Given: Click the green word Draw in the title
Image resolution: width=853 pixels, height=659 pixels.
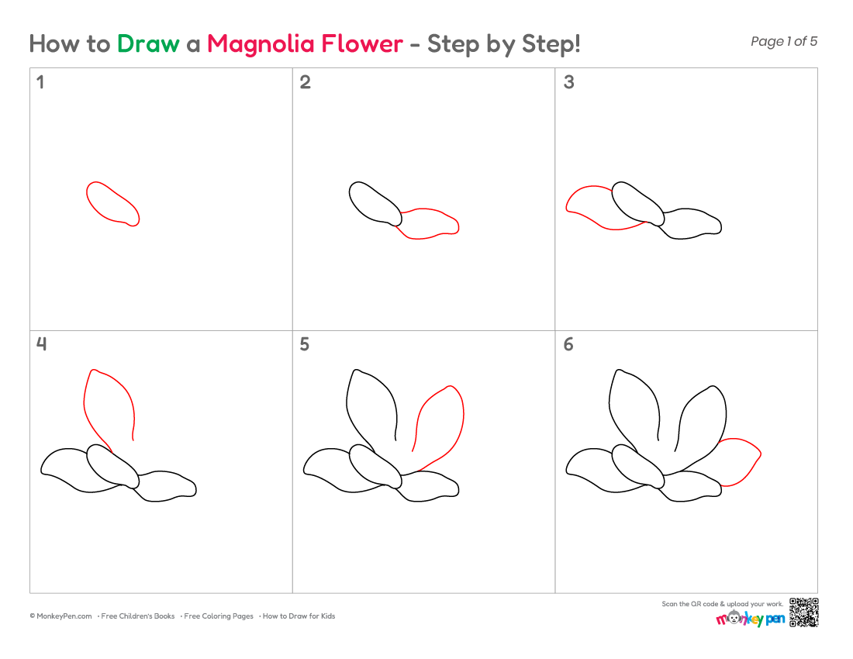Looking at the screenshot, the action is [x=148, y=43].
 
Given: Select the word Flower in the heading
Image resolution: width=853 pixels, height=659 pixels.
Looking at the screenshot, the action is [x=362, y=43].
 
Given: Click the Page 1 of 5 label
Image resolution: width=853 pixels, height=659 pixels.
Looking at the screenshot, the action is [x=784, y=41].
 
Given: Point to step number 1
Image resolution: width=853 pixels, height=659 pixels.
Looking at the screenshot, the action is [x=40, y=82].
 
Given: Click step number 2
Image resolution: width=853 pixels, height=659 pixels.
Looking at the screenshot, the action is [x=306, y=82].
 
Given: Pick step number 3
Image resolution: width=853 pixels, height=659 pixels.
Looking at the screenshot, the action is [x=569, y=82].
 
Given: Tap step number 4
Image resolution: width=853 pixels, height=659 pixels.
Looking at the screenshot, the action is [x=41, y=343].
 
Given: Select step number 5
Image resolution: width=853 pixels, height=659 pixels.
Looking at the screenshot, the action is [x=305, y=344].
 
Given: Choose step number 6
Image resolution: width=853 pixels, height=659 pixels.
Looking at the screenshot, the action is [x=568, y=344].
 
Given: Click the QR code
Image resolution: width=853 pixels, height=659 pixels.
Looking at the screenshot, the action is [x=803, y=612].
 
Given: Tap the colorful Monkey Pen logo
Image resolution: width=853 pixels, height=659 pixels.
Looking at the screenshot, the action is [x=750, y=618].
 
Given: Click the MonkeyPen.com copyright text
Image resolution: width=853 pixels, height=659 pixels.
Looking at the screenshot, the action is [x=60, y=616].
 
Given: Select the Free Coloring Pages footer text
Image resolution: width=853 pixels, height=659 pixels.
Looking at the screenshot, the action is [x=218, y=616].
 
